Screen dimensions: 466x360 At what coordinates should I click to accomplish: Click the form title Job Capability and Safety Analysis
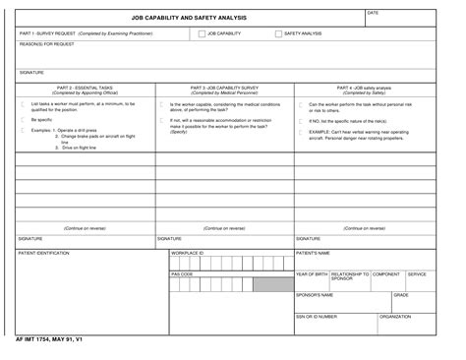[190, 18]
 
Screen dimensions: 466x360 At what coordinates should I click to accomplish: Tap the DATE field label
[373, 13]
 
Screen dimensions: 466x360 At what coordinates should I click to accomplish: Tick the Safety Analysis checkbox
[279, 33]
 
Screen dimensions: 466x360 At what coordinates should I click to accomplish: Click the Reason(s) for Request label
[46, 43]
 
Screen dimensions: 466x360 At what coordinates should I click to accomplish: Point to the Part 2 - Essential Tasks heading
[86, 88]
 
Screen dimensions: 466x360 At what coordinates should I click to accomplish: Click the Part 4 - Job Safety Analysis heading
[364, 88]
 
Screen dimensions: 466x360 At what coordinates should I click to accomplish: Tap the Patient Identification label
[44, 253]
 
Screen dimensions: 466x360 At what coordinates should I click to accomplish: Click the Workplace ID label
[188, 253]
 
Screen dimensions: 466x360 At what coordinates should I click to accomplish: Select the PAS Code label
[182, 273]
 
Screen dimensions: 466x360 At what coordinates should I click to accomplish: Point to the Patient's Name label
[313, 253]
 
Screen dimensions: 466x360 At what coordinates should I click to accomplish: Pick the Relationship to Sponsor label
[349, 275]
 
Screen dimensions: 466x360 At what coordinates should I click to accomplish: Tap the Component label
[386, 273]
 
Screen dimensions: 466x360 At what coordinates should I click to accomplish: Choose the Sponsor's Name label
[316, 294]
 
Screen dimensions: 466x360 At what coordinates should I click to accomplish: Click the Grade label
[401, 294]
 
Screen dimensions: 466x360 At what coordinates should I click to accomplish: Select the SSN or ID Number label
[317, 317]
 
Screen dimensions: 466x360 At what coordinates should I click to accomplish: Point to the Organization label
[395, 317]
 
